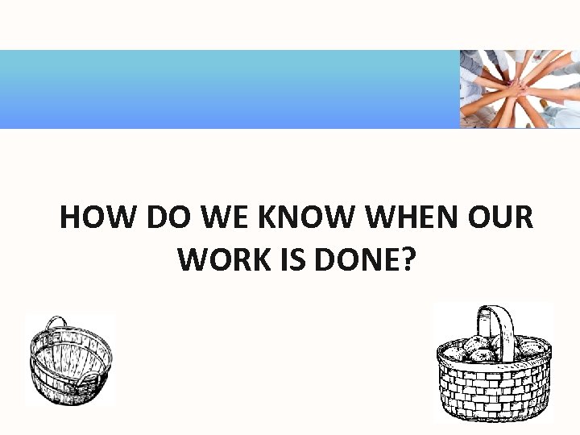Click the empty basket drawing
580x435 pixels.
[x=70, y=359]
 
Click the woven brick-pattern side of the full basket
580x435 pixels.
[x=494, y=387]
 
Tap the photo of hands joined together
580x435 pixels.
[x=520, y=89]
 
